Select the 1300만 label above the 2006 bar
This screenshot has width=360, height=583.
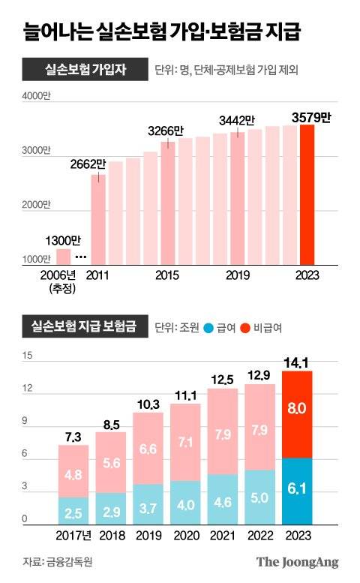pyautogui.click(x=61, y=241)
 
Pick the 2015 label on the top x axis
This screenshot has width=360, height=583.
pyautogui.click(x=167, y=275)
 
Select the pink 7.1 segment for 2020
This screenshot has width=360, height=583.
pyautogui.click(x=185, y=442)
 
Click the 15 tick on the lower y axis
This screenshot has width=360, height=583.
pyautogui.click(x=26, y=356)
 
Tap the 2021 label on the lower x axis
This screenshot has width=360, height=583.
pyautogui.click(x=222, y=536)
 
